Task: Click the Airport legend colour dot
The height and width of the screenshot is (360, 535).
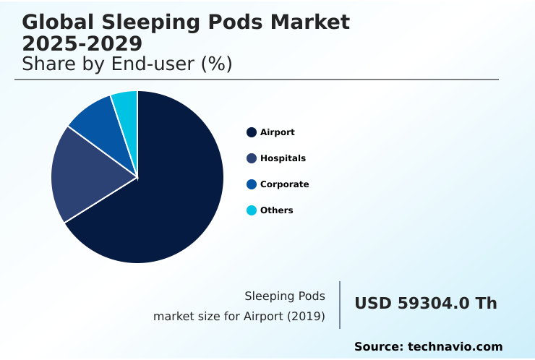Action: (252, 132)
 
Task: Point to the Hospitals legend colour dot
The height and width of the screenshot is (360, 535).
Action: (252, 158)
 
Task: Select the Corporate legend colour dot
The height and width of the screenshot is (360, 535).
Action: (252, 184)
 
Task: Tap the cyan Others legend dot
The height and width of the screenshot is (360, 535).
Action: (252, 210)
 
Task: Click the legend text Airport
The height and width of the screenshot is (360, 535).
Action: (278, 132)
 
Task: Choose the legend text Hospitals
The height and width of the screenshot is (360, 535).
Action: (283, 158)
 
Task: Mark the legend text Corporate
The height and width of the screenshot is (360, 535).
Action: (284, 184)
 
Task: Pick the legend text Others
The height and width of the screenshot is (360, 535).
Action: (277, 210)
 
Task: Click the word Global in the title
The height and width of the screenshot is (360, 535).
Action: (60, 22)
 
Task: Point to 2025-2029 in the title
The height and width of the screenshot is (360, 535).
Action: (82, 44)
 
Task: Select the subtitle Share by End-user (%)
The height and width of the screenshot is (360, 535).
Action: (127, 64)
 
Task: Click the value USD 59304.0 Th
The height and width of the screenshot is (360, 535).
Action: (425, 304)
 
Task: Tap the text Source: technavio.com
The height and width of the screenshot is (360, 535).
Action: (428, 347)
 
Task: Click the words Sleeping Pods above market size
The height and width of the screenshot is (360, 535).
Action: (285, 296)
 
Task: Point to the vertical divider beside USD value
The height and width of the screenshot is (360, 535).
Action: (340, 305)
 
